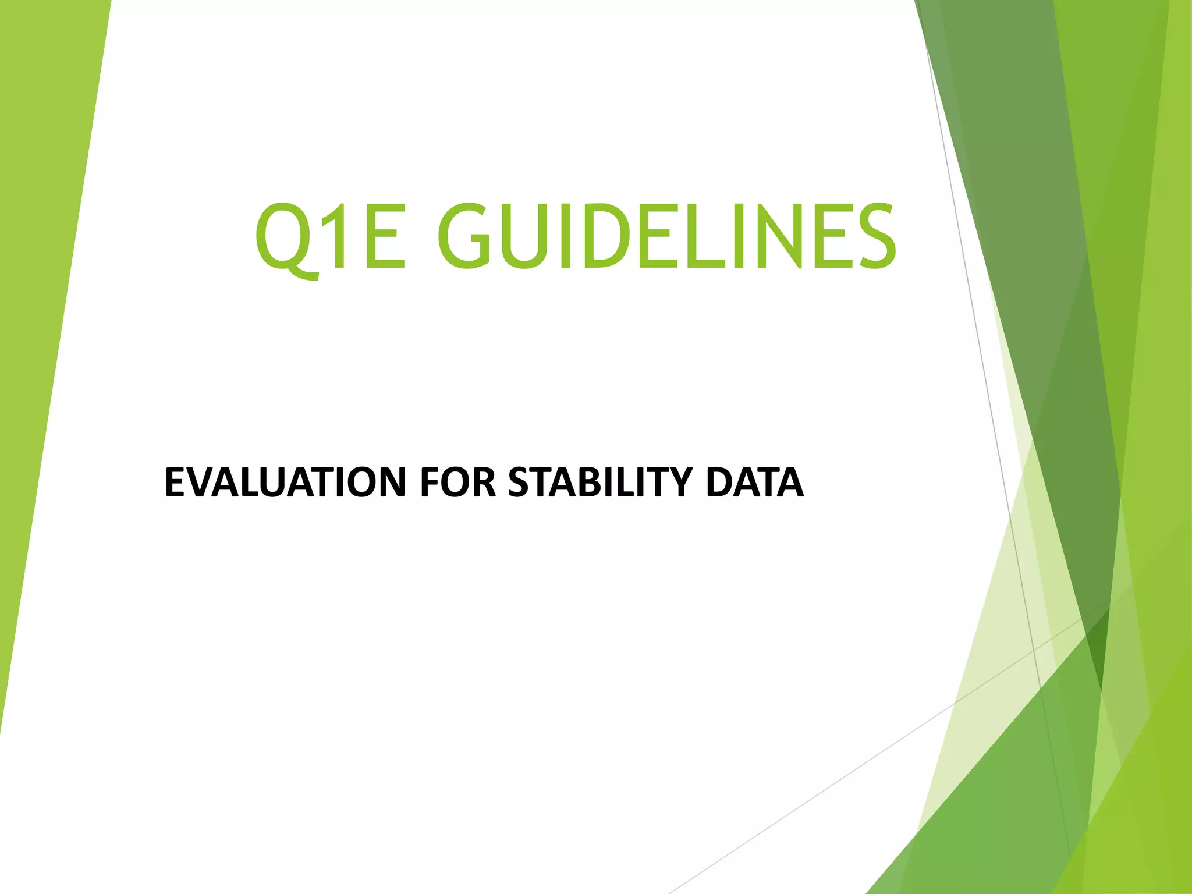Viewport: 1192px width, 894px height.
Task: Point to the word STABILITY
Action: pos(599,483)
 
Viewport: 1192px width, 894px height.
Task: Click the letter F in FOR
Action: pos(429,483)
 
